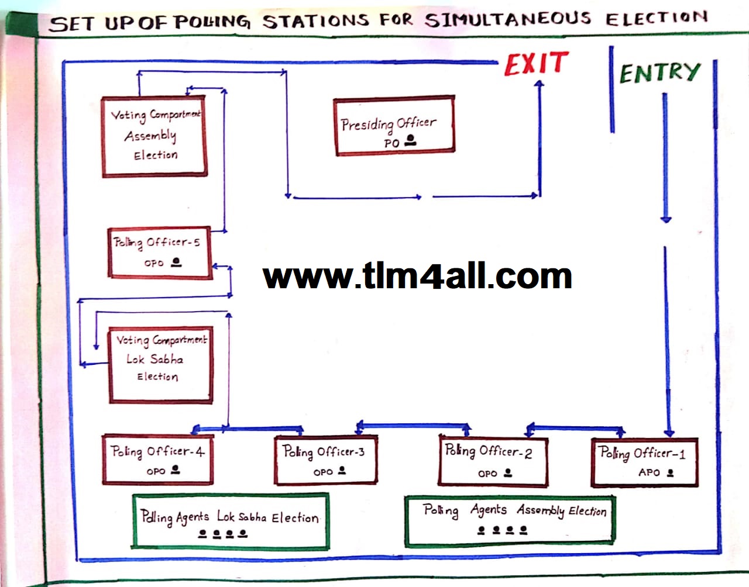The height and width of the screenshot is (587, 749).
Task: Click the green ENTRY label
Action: pyautogui.click(x=659, y=72)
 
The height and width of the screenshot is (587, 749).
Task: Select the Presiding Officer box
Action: pyautogui.click(x=394, y=126)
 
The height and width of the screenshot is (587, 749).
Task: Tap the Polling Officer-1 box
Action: pyautogui.click(x=644, y=462)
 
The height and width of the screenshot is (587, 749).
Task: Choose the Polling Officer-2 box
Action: pyautogui.click(x=493, y=461)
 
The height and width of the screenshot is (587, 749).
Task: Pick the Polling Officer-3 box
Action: pyautogui.click(x=325, y=461)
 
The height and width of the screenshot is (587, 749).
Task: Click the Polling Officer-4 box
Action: pyautogui.click(x=157, y=460)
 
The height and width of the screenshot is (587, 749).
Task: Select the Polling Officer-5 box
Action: pyautogui.click(x=160, y=252)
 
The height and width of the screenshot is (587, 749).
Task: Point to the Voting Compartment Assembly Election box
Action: pyautogui.click(x=154, y=136)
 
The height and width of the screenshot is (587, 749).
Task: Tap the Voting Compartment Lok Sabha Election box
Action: pyautogui.click(x=160, y=365)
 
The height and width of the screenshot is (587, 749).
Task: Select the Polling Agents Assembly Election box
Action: pyautogui.click(x=509, y=520)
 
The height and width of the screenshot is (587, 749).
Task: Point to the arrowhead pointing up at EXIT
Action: pyautogui.click(x=539, y=85)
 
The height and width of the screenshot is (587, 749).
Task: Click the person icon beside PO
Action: pyautogui.click(x=410, y=140)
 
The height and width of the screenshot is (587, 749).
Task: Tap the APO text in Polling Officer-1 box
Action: pyautogui.click(x=649, y=472)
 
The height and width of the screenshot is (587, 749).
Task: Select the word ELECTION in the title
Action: pyautogui.click(x=655, y=18)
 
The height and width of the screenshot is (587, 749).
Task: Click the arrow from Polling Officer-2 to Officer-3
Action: pyautogui.click(x=413, y=425)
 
